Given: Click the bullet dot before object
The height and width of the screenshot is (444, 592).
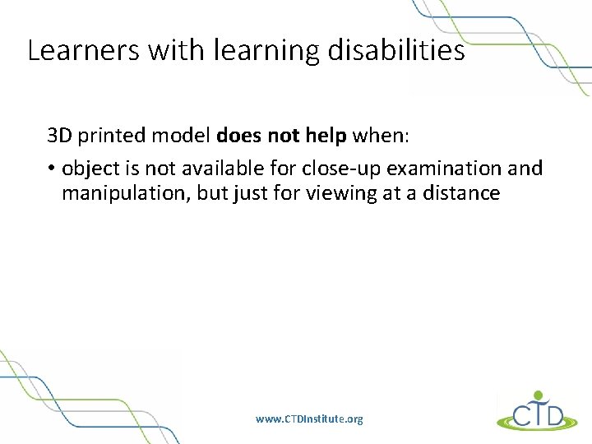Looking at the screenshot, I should pos(51,169).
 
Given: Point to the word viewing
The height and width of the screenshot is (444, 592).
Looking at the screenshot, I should pos(343,193).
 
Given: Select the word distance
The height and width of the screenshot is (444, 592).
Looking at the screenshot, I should pos(466,193).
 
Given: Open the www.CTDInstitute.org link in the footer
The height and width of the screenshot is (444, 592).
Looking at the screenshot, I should pos(309,419).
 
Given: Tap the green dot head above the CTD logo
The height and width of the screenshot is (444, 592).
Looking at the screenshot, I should pos(539,395).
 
